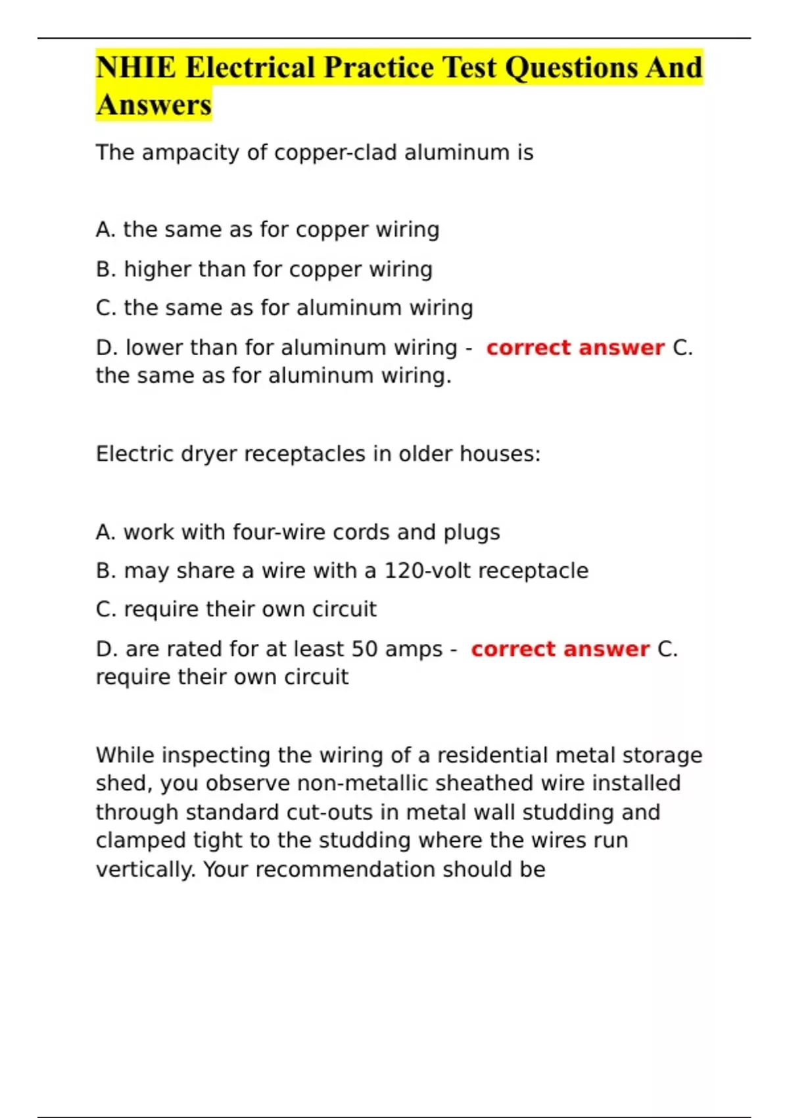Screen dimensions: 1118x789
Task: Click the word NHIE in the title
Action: click(135, 68)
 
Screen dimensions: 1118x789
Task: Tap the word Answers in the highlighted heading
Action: click(154, 105)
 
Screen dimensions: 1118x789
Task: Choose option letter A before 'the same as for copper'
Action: click(104, 230)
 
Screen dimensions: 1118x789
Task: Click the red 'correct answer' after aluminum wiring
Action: click(575, 347)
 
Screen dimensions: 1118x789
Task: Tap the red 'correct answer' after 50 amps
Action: click(560, 649)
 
